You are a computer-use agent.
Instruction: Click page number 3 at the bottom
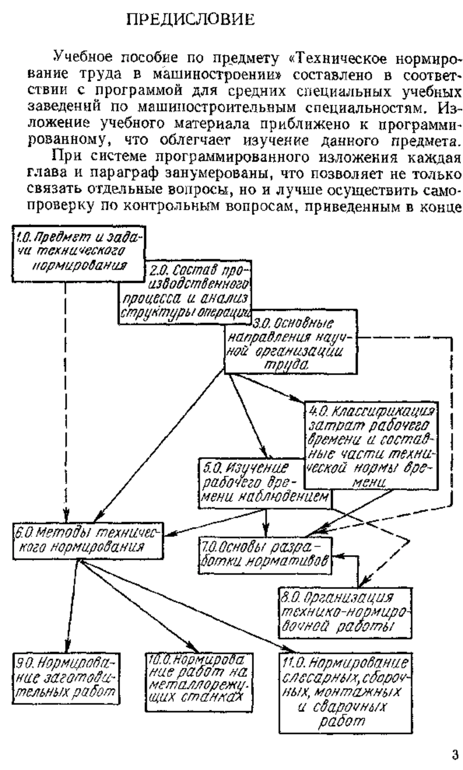pos(455,752)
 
